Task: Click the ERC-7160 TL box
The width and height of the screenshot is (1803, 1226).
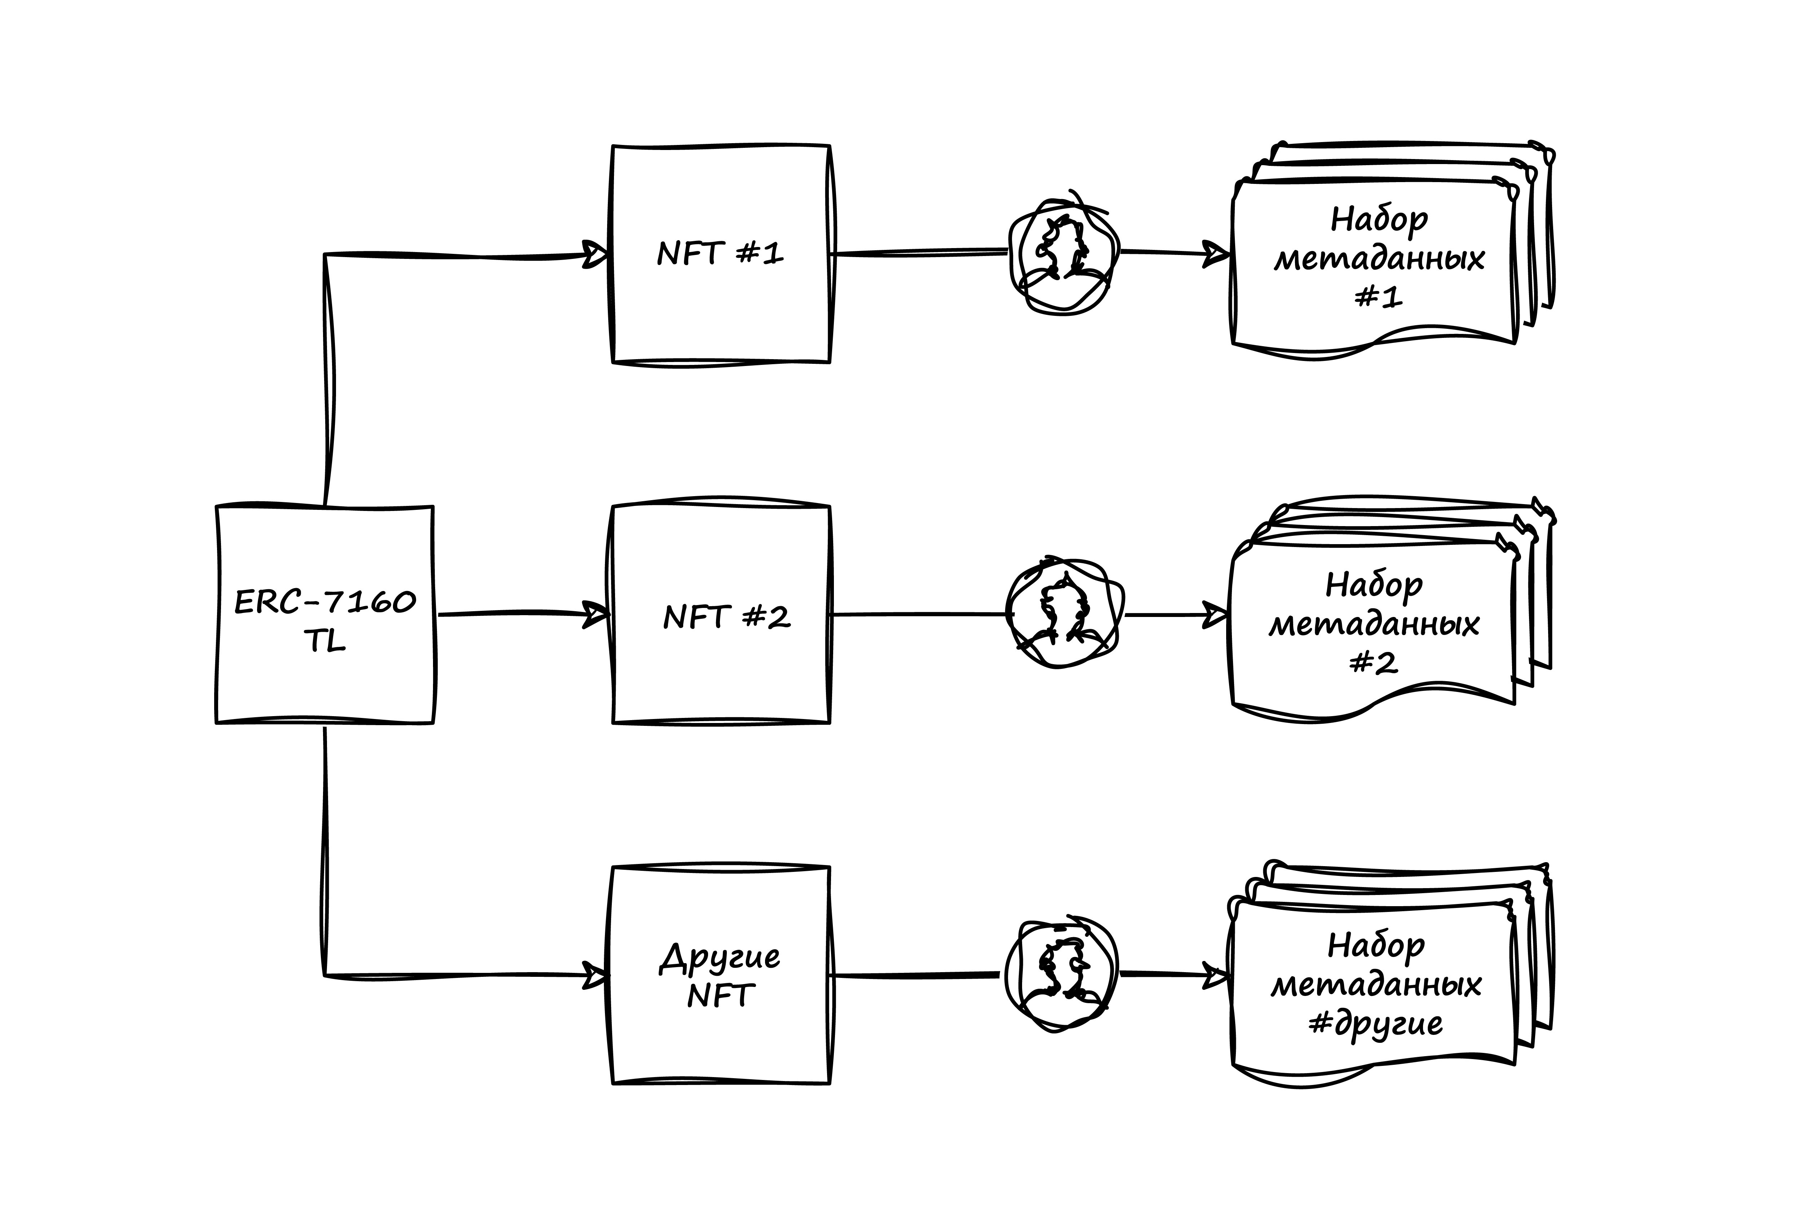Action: tap(325, 614)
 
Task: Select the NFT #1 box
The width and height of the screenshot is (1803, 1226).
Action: tap(721, 254)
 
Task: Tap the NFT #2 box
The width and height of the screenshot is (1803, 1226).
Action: tap(721, 614)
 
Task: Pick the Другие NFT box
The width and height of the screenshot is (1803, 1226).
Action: tap(721, 975)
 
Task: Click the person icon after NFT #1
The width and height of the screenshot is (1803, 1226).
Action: tap(1064, 254)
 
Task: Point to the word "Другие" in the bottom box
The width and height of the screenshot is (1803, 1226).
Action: tap(720, 958)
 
